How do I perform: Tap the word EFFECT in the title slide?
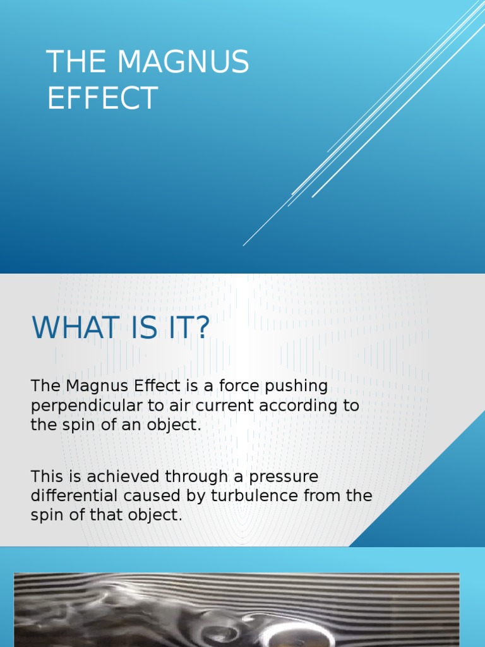[x=102, y=99]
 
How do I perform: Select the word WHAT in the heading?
[x=76, y=328]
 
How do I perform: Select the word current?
[x=212, y=406]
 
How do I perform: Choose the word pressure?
[x=283, y=476]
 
